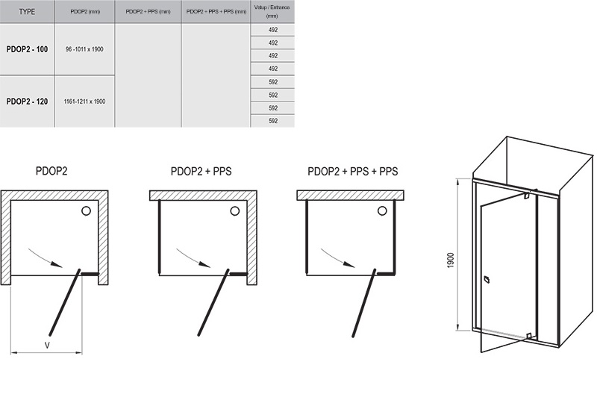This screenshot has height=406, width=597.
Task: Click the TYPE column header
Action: [x=27, y=12]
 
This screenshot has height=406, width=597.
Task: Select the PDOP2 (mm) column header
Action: [x=85, y=12]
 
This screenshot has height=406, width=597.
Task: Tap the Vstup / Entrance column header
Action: [x=272, y=11]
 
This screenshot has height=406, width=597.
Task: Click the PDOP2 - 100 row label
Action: [x=27, y=49]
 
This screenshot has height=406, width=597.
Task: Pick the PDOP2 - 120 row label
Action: [x=27, y=101]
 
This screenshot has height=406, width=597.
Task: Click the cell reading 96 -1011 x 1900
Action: [x=84, y=49]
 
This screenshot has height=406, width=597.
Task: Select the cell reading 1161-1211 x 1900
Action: [x=84, y=101]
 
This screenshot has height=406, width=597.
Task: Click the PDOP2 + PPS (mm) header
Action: [x=148, y=12]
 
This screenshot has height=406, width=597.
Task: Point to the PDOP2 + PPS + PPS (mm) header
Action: [x=216, y=12]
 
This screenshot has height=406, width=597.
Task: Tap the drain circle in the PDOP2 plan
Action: [x=86, y=210]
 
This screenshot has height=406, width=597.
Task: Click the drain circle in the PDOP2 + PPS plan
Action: [x=235, y=210]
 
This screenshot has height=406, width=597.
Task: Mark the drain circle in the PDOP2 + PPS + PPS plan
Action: [x=382, y=210]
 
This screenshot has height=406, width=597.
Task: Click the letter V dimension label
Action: [x=47, y=346]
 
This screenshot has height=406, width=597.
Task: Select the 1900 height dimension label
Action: [x=451, y=260]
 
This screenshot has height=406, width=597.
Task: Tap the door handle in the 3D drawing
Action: [x=487, y=280]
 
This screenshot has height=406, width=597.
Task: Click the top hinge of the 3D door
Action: [x=527, y=196]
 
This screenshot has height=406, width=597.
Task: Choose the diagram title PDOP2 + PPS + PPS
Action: [x=352, y=172]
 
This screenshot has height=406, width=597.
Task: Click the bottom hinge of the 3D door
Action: [x=528, y=336]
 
